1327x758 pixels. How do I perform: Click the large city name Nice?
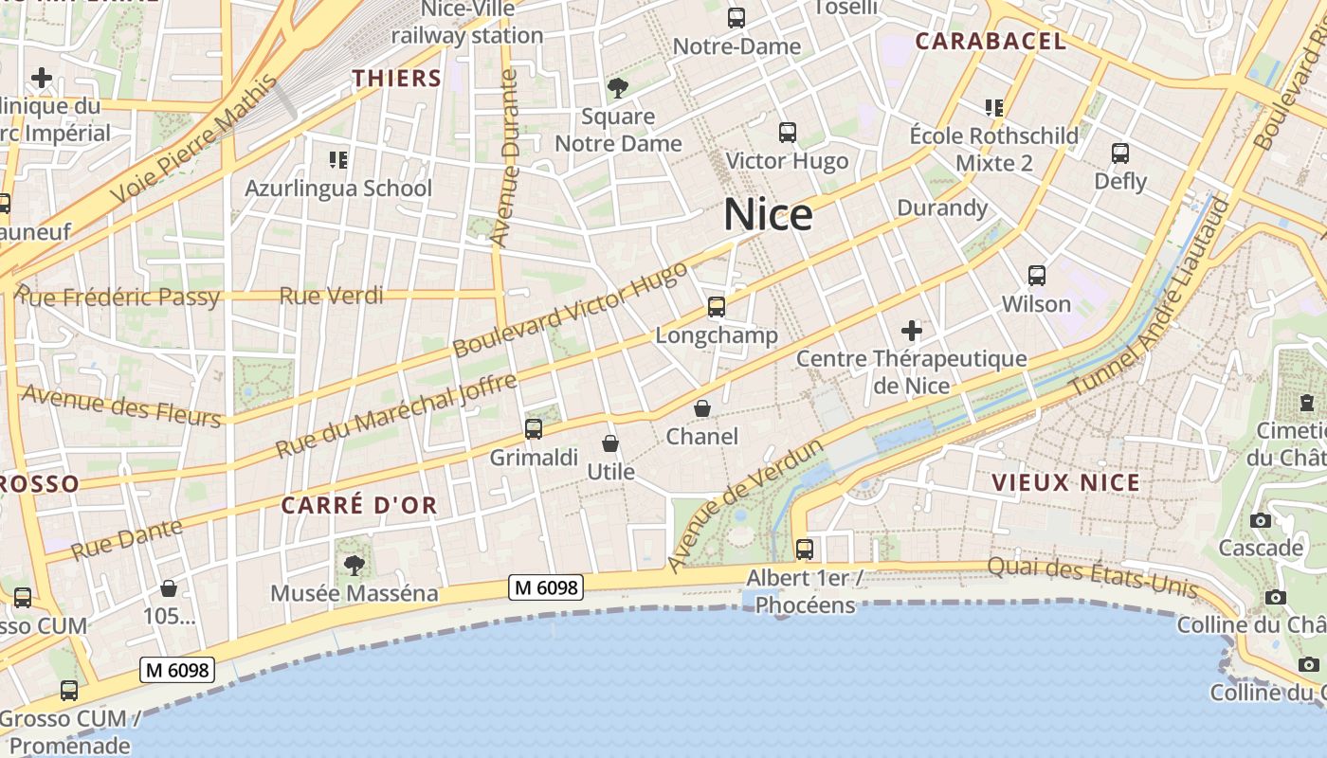[768, 215]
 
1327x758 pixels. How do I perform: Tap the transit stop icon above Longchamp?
[717, 307]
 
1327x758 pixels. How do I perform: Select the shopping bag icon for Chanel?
[702, 408]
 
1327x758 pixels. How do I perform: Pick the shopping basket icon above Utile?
[610, 443]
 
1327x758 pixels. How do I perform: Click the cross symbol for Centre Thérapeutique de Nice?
[912, 331]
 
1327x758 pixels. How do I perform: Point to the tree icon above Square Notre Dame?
[618, 88]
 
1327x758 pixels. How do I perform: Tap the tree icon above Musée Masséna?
[354, 566]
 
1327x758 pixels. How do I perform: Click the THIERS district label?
[397, 79]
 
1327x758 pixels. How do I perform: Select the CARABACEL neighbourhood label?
[991, 41]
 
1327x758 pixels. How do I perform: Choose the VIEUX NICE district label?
[1065, 482]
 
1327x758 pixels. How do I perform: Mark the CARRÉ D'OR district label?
[359, 505]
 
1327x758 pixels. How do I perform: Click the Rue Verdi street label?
[331, 296]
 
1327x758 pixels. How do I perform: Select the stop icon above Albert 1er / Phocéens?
[805, 549]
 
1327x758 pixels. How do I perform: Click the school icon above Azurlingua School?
[338, 159]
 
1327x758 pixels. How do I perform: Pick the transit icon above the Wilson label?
[1037, 276]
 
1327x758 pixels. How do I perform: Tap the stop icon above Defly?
[1120, 153]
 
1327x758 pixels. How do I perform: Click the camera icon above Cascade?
[1261, 520]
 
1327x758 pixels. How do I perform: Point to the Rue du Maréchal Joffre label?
[396, 415]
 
